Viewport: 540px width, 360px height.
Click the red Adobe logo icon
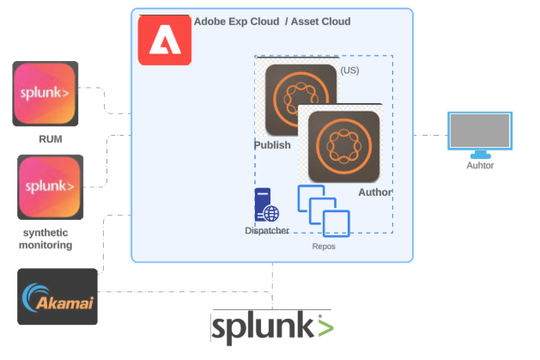[x=165, y=41]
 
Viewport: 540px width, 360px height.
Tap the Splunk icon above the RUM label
[x=46, y=94]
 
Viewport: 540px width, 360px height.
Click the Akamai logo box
[x=58, y=296]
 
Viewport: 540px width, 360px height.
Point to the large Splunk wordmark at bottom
[x=272, y=327]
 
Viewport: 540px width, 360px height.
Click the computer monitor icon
[x=480, y=132]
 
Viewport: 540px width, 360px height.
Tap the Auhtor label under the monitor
[x=480, y=166]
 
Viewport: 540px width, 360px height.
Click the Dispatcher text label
[x=267, y=230]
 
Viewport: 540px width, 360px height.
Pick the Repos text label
[x=323, y=246]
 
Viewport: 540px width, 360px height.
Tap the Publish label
[x=272, y=144]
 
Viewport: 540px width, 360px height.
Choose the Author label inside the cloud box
[x=373, y=192]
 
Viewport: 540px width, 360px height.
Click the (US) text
[x=349, y=70]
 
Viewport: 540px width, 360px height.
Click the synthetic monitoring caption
[x=46, y=239]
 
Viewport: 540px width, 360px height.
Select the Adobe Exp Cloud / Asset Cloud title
[x=272, y=21]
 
